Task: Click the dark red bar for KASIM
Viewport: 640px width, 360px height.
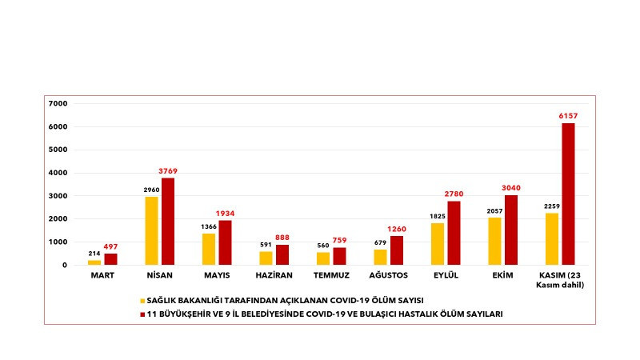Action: tap(568, 194)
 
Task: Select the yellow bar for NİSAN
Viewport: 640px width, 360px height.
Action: tap(151, 230)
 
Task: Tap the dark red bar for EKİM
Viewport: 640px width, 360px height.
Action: tap(511, 230)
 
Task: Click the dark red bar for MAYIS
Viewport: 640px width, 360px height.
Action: tap(225, 242)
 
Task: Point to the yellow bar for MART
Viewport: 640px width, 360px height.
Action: tap(94, 262)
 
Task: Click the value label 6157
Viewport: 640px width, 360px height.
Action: tap(568, 116)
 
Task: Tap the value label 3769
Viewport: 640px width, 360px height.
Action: tap(168, 170)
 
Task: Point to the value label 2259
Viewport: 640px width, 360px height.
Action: tap(551, 206)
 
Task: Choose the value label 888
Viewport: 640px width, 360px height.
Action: tap(282, 238)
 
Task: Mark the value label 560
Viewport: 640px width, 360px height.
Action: tap(322, 246)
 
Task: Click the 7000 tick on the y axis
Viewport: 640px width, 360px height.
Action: tap(59, 103)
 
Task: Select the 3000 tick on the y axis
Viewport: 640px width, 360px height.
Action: tap(59, 196)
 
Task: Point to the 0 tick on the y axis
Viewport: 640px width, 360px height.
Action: tap(65, 265)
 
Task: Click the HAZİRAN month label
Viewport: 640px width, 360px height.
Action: tap(274, 275)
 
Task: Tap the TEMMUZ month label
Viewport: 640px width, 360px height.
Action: tap(331, 275)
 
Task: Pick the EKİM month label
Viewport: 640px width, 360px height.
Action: tap(502, 275)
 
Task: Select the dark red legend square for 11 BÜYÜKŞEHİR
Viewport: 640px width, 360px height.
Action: tap(142, 314)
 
